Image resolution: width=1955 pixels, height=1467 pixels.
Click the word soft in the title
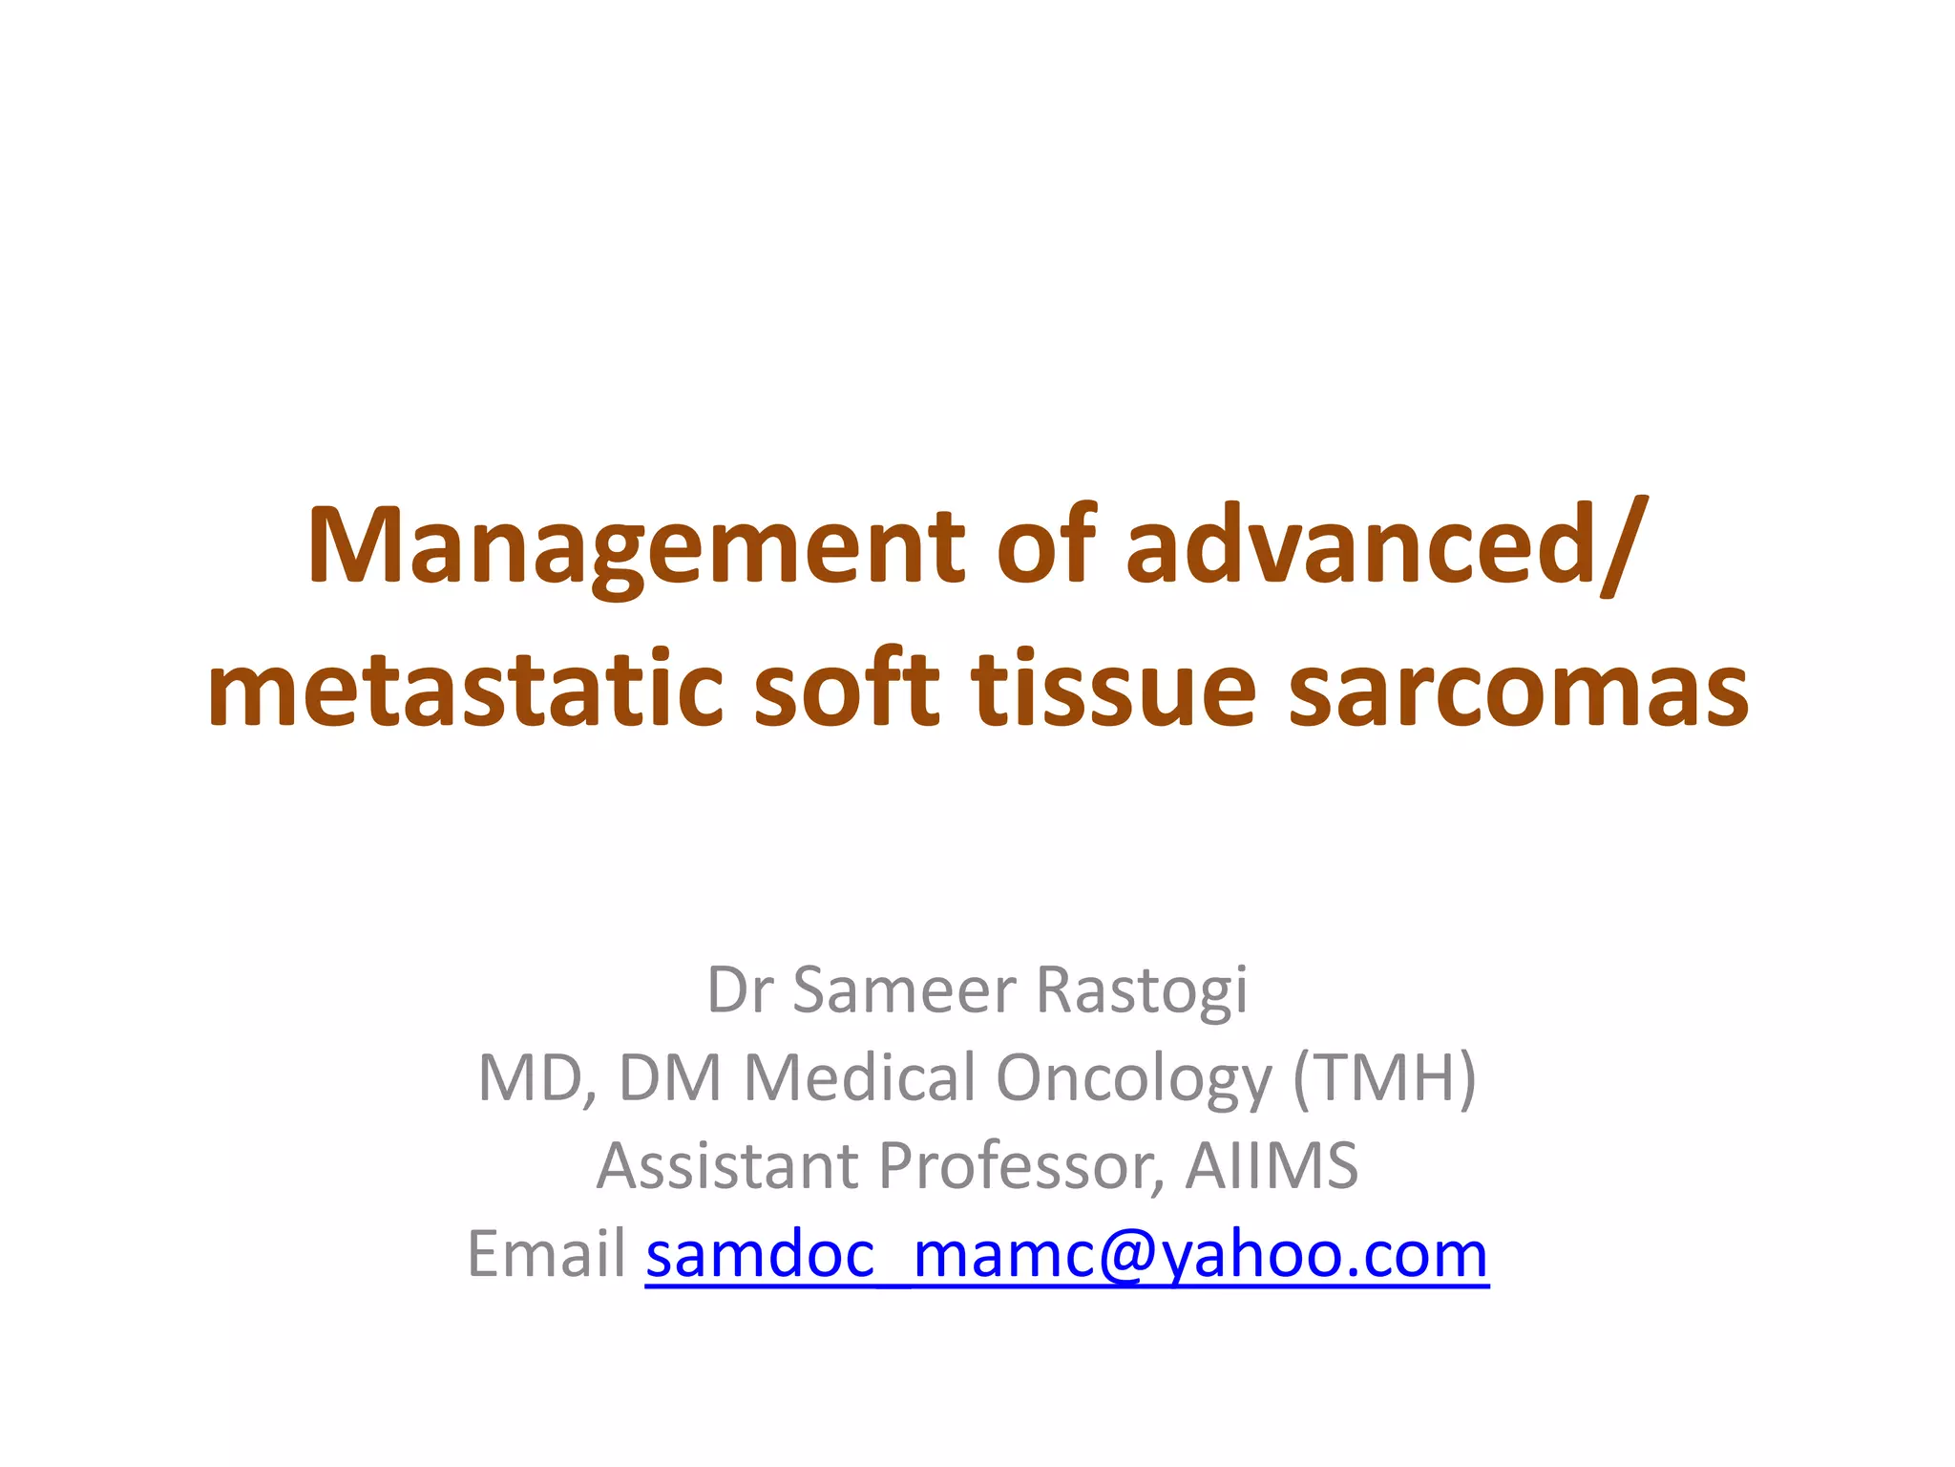846,688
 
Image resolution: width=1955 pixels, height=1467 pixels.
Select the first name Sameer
905,989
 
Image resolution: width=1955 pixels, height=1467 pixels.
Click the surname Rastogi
1142,991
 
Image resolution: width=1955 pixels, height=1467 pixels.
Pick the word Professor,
1021,1167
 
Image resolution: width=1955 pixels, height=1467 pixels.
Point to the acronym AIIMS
1272,1165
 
